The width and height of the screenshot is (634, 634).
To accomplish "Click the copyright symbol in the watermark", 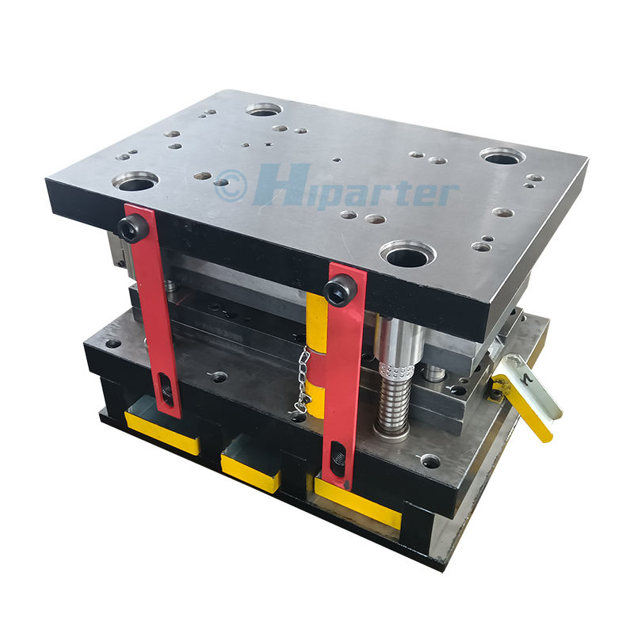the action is click(231, 185).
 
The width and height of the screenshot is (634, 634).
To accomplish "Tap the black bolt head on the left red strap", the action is click(132, 229).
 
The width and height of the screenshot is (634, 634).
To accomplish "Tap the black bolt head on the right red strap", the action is click(340, 289).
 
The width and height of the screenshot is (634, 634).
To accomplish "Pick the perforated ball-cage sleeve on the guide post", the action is click(395, 369).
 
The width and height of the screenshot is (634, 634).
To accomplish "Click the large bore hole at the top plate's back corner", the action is click(263, 109).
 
